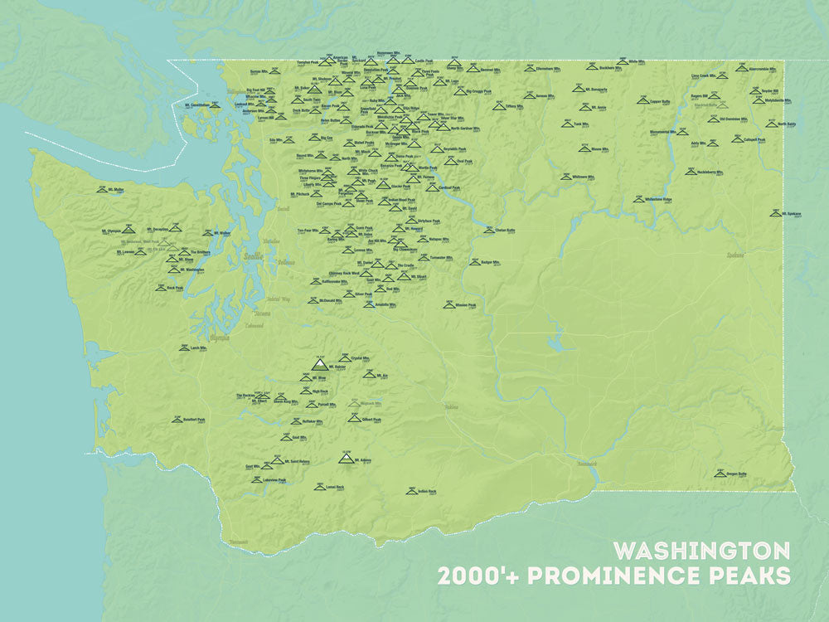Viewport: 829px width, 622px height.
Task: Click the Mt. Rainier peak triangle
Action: pos(319,363)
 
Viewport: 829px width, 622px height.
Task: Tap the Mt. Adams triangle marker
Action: pos(346,458)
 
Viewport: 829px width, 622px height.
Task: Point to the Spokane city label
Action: pos(734,255)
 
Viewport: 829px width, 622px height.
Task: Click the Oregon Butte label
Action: pos(736,474)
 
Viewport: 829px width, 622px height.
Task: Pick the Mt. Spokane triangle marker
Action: pos(774,213)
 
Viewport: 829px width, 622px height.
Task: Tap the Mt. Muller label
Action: pos(115,190)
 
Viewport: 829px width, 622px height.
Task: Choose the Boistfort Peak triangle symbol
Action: pos(177,420)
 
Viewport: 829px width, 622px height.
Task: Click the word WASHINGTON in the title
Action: pos(701,550)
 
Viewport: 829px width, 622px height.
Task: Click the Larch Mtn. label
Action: pos(198,348)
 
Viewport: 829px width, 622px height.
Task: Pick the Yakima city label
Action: pos(450,407)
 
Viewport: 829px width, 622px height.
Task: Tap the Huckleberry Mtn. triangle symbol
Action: pos(690,172)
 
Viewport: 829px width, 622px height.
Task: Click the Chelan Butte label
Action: pos(506,230)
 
